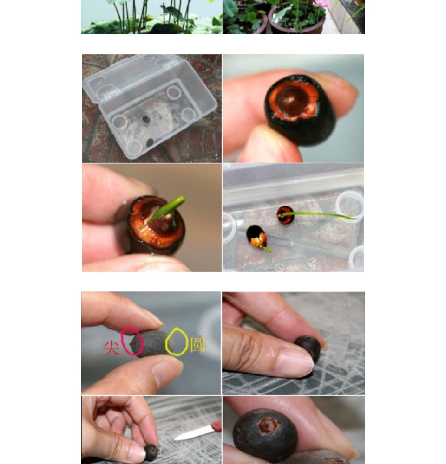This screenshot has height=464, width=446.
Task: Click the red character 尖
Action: pos(111,348)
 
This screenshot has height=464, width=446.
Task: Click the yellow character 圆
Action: pos(197,345)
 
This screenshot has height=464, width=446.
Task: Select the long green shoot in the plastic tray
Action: pos(319,215)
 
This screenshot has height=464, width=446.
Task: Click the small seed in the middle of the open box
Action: pos(146,119)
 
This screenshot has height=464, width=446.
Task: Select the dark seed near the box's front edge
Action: pos(150,142)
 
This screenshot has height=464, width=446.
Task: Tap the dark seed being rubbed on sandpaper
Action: pos(308,348)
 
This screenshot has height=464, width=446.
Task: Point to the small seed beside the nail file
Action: pos(151,452)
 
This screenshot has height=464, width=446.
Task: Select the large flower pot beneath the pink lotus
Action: pos(297,19)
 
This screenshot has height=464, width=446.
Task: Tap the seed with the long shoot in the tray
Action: pos(285,215)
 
